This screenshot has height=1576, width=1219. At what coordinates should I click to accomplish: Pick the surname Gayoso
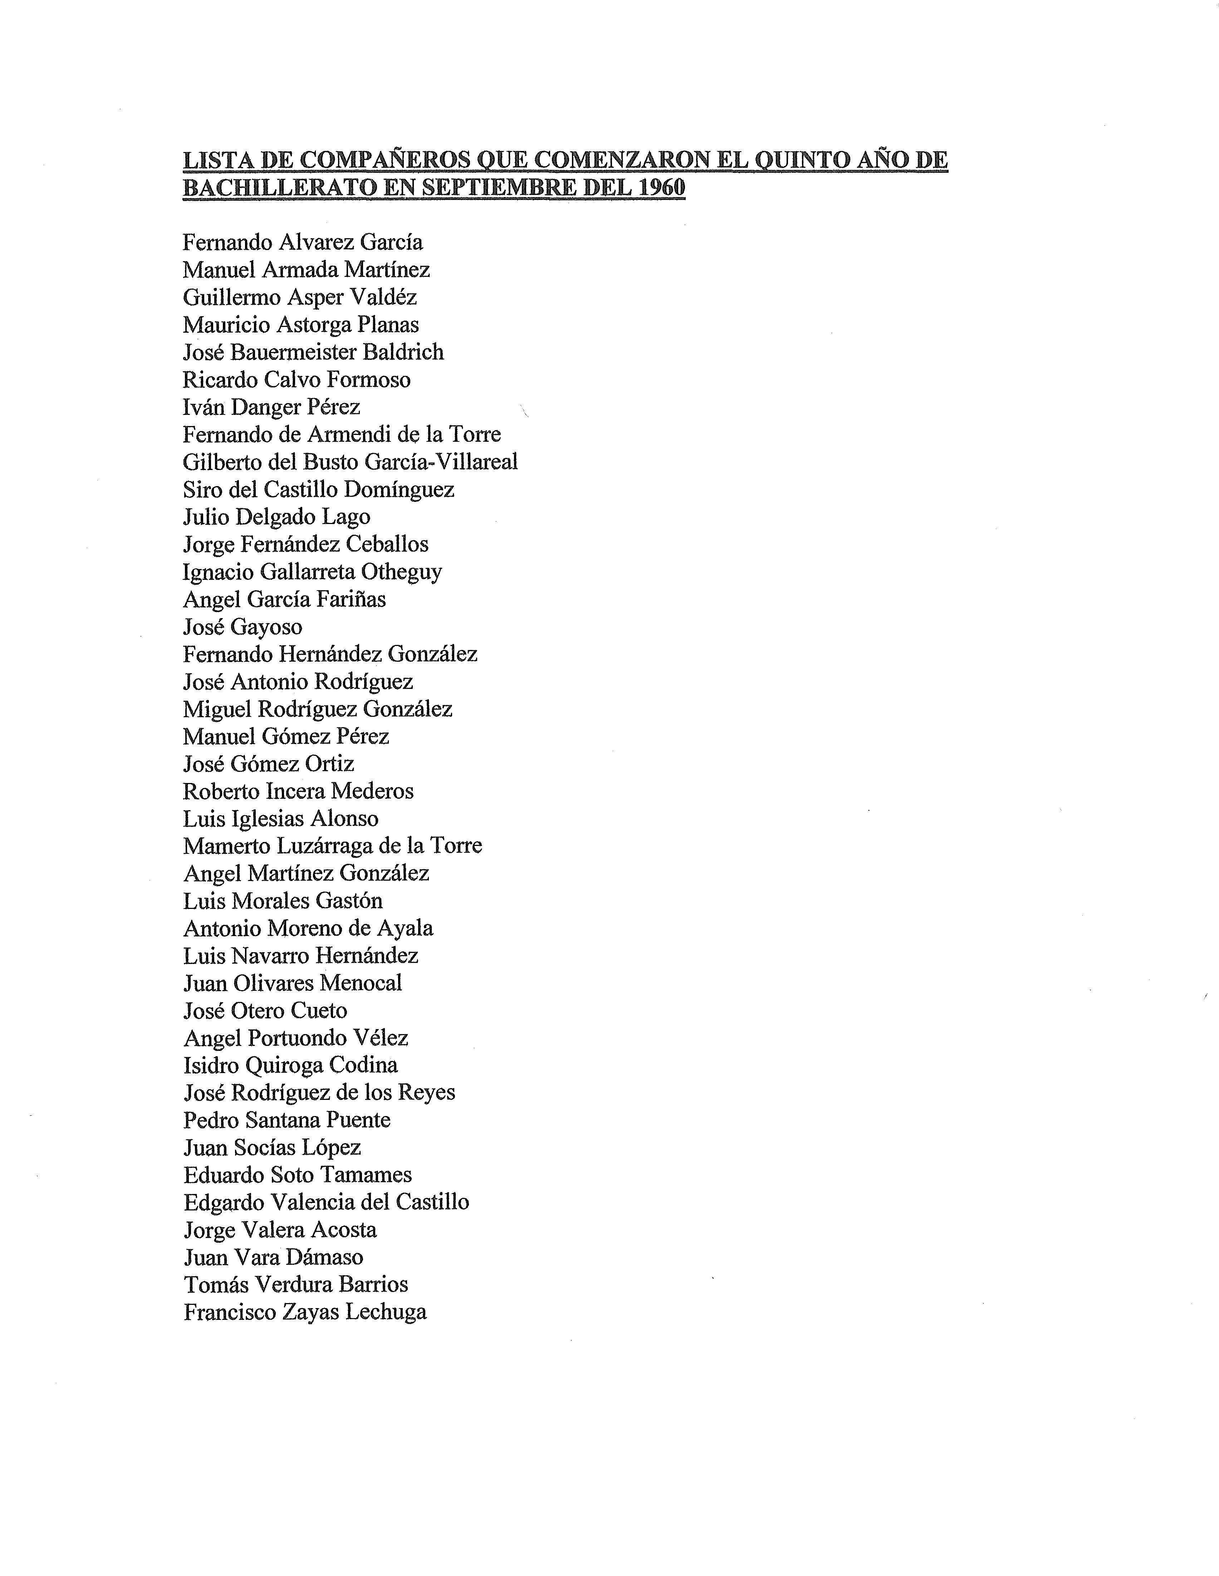coord(266,627)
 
